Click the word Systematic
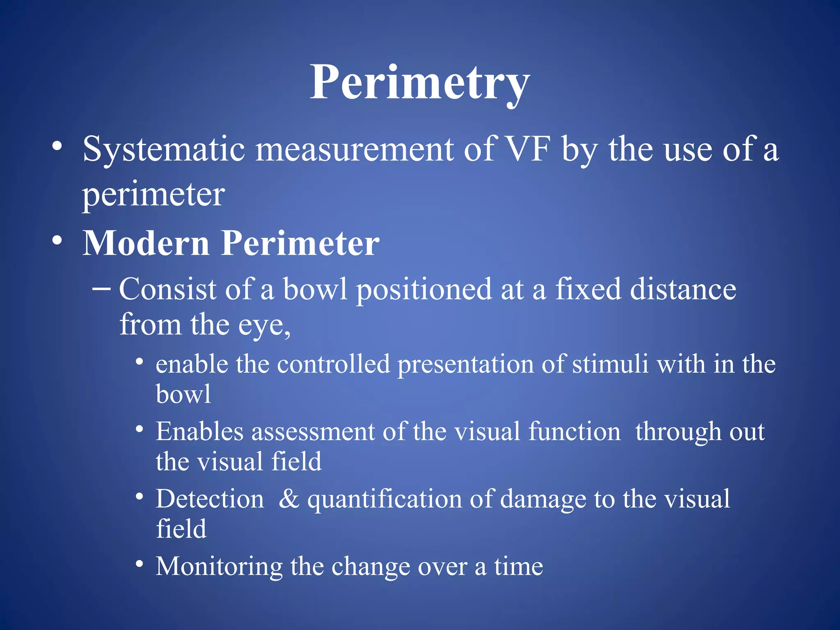(x=164, y=149)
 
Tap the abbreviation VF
(x=527, y=149)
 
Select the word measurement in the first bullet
(x=354, y=149)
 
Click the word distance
(x=683, y=290)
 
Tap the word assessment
(x=313, y=432)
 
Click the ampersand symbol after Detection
(x=289, y=499)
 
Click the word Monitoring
(x=219, y=567)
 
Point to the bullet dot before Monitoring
(x=140, y=564)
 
